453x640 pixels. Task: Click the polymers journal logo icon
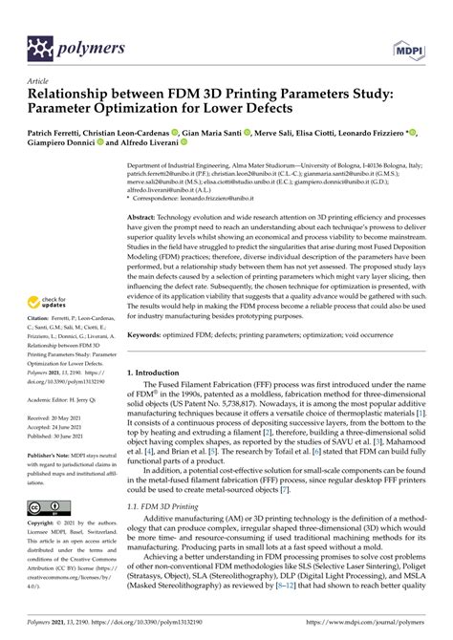(42, 45)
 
